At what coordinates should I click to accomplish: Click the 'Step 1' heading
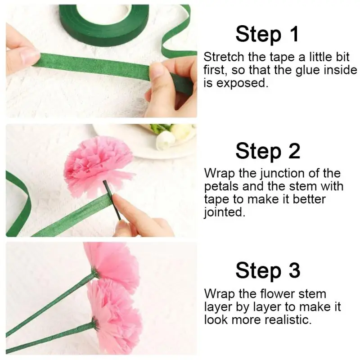[x=267, y=35]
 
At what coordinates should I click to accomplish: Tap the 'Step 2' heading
[x=268, y=151]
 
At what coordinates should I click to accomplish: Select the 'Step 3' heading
[x=268, y=270]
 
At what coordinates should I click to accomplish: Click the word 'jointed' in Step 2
[x=224, y=212]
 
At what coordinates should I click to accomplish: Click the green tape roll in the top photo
[x=103, y=23]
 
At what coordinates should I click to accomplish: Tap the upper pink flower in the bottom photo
[x=115, y=264]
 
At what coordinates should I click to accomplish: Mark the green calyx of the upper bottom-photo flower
[x=94, y=273]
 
